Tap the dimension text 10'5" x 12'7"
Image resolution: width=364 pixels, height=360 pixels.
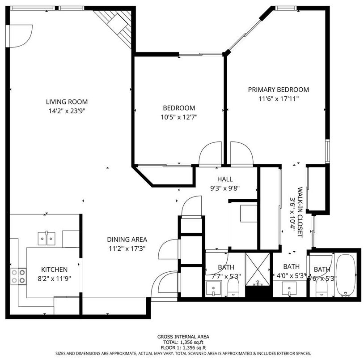coord(178,117)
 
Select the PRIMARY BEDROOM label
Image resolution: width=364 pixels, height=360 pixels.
coord(278,90)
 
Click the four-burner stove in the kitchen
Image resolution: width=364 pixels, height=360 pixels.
coord(18,276)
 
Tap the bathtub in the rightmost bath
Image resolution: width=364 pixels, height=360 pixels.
coord(346,275)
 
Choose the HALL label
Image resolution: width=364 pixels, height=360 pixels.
coord(225,179)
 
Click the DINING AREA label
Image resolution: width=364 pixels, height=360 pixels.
coord(127,240)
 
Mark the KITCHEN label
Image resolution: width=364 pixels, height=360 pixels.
coord(54,270)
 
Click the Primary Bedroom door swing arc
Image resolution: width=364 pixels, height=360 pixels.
coord(241,152)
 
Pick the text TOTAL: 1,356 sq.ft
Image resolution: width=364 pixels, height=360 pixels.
coord(182,342)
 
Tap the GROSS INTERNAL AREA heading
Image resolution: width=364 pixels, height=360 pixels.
coord(182,337)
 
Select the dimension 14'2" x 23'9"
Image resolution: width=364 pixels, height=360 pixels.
coord(68,111)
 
